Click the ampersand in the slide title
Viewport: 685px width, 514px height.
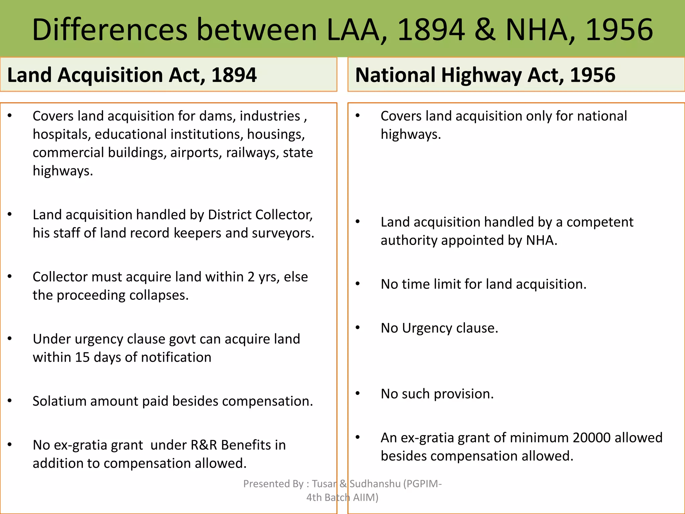485,30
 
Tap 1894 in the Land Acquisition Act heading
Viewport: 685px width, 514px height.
234,75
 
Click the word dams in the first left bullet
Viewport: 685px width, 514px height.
217,116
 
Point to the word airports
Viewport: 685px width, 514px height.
196,153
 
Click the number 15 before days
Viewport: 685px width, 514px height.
82,357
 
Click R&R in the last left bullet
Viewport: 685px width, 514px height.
204,445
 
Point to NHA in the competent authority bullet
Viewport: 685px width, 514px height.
541,241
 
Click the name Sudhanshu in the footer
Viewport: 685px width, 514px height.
375,484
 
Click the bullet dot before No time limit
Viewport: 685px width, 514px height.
358,284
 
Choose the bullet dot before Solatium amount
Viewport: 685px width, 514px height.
10,401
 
